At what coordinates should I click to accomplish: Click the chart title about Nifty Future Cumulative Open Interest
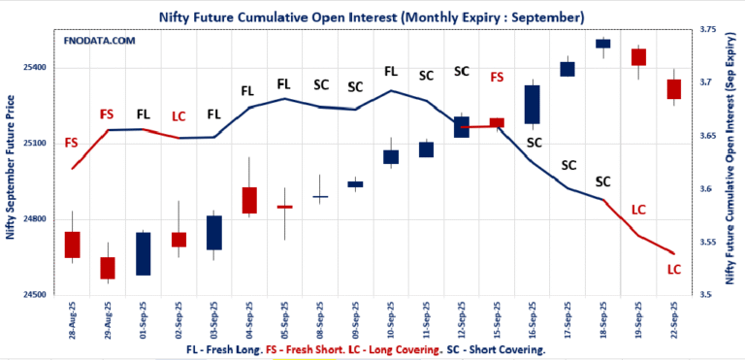click(372, 16)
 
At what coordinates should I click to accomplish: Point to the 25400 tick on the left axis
click(35, 68)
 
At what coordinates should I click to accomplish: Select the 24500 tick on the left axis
click(35, 295)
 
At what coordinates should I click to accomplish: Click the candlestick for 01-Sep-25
click(143, 253)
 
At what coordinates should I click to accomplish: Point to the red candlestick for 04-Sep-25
click(249, 200)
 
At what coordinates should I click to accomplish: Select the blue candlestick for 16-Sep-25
click(532, 105)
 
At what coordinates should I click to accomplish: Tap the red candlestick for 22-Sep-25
click(674, 89)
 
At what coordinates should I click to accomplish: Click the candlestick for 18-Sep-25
click(602, 43)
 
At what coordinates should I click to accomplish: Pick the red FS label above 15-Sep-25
click(498, 78)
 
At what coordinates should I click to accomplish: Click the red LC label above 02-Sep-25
click(178, 117)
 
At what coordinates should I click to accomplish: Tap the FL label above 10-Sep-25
click(391, 71)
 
